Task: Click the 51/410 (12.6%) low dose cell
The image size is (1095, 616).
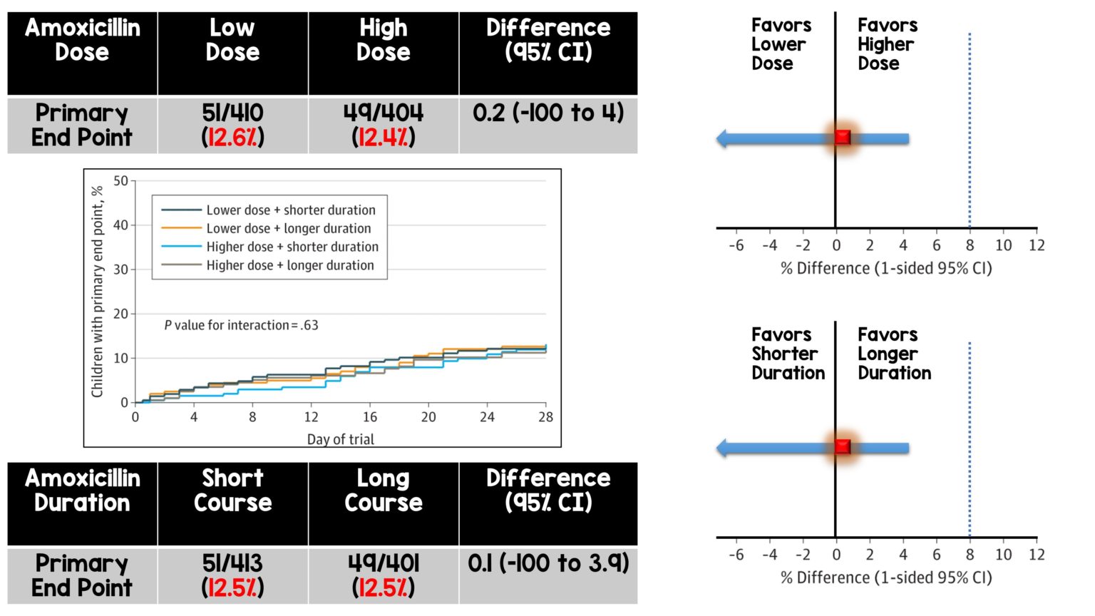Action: [x=232, y=125]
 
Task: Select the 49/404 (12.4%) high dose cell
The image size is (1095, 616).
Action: [x=384, y=125]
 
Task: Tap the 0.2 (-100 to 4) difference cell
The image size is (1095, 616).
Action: [x=548, y=113]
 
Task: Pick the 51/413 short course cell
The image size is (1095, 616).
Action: [x=232, y=575]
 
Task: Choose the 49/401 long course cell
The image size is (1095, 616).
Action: [x=384, y=575]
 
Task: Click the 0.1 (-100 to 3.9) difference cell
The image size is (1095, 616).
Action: [x=548, y=563]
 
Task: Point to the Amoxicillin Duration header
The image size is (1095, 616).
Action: [x=82, y=491]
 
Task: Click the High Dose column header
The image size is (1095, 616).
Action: [x=384, y=40]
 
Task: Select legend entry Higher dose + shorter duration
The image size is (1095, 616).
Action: [x=292, y=247]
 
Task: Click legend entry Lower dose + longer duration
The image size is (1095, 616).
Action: [x=288, y=228]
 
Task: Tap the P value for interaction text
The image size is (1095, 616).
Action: [x=241, y=325]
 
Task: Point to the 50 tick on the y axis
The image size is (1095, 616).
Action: [x=120, y=181]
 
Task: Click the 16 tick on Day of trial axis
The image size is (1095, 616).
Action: [x=370, y=417]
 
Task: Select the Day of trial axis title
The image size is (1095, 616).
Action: [x=340, y=439]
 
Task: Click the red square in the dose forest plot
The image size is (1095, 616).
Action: [x=843, y=138]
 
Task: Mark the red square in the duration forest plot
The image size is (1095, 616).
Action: [x=843, y=447]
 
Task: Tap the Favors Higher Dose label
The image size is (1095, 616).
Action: [x=887, y=44]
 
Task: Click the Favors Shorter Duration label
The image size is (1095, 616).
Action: [x=787, y=354]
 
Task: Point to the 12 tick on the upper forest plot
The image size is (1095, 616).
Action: [x=1037, y=245]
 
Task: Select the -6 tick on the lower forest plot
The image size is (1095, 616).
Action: [x=736, y=555]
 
